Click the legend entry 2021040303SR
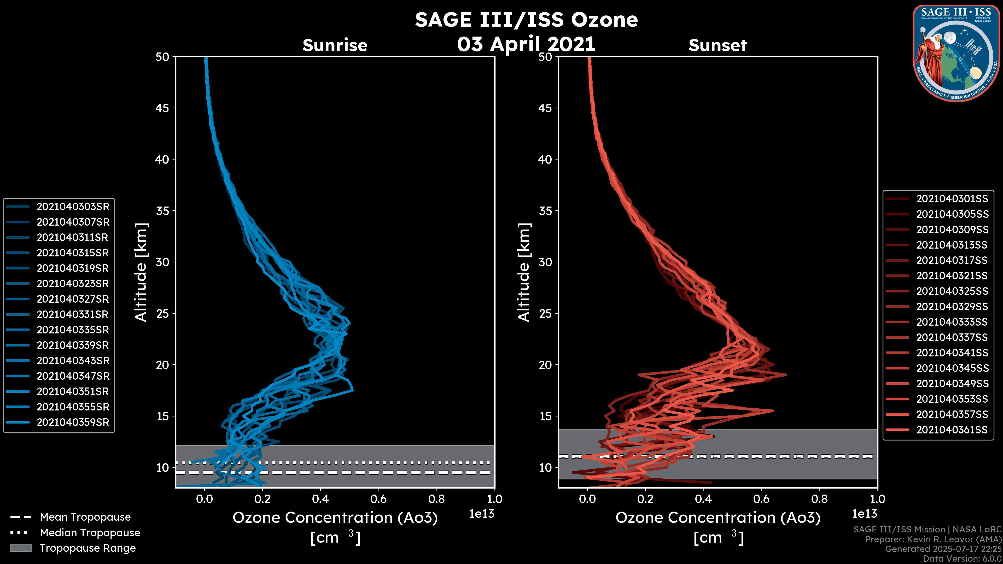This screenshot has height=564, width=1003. [73, 207]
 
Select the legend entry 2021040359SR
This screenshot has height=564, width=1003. [73, 422]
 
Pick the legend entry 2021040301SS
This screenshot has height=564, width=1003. [952, 199]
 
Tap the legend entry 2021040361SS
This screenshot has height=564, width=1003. [952, 430]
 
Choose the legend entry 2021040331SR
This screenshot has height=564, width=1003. [73, 314]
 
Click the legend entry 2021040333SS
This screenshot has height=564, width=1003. [952, 322]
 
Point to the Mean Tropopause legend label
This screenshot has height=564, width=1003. [85, 517]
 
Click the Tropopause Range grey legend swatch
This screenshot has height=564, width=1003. [21, 548]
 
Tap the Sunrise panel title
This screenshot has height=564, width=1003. [335, 45]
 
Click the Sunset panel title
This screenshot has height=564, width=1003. [718, 45]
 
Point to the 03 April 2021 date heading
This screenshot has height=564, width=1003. [526, 44]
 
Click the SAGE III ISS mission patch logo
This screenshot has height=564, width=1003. [956, 53]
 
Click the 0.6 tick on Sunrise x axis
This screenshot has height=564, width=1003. [378, 499]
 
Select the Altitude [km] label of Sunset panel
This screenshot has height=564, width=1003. [524, 272]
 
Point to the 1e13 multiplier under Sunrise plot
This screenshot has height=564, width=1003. [482, 514]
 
